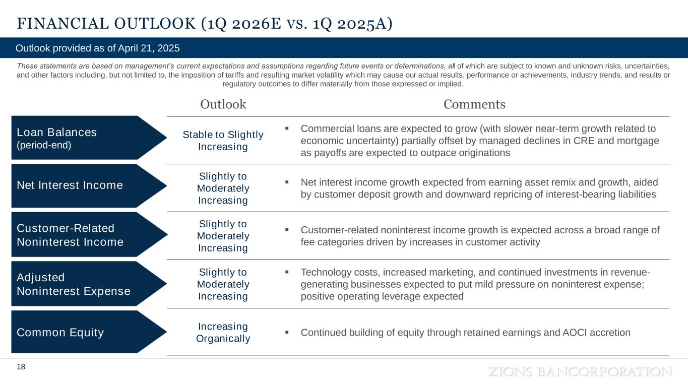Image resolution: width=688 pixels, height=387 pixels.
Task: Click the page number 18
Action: [x=21, y=367]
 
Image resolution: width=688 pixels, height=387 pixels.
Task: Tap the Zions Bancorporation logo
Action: [x=581, y=372]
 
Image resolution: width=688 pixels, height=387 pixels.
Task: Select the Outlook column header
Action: [x=223, y=104]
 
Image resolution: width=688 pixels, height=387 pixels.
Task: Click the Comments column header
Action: [x=474, y=104]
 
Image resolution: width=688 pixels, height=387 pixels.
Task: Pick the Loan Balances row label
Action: [x=56, y=132]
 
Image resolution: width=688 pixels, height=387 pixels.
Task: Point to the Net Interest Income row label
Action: [x=70, y=185]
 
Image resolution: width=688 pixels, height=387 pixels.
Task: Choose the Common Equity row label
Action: [x=60, y=333]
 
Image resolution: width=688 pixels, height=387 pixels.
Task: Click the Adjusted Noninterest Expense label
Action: [x=74, y=284]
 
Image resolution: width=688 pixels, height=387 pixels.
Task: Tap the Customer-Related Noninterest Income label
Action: [x=70, y=235]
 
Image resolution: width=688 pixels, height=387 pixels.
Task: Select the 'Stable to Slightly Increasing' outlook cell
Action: [x=223, y=141]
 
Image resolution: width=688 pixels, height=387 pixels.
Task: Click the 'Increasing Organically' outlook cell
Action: [x=223, y=333]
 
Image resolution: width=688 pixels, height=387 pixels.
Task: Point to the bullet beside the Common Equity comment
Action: [x=287, y=332]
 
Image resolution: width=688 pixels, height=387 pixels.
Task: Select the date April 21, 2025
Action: [x=149, y=48]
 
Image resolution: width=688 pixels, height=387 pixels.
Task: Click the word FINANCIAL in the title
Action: [x=63, y=24]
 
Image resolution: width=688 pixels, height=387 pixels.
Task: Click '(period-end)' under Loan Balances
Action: [x=44, y=145]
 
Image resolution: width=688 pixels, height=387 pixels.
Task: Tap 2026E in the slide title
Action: [x=257, y=24]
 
